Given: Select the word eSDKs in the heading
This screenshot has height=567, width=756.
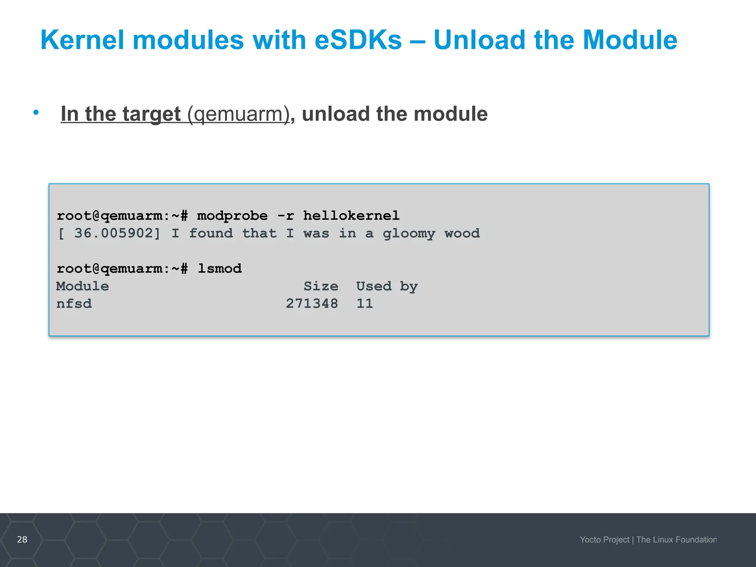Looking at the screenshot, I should coord(358,40).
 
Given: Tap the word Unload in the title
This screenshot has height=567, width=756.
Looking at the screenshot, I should coord(480,40).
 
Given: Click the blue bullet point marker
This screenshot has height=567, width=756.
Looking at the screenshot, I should coord(36,112).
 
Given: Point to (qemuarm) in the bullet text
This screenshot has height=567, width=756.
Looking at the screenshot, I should coord(238,114).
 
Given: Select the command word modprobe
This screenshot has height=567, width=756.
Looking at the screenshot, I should coord(232,216).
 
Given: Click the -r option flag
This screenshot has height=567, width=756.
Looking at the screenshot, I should coord(285,216).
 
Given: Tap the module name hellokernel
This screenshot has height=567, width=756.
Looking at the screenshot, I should coord(351,216).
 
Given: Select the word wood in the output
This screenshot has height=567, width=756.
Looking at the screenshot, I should coord(462,233).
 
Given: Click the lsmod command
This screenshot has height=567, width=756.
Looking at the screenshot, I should coord(220,268).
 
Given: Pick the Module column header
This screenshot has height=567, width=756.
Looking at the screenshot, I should coord(82,286).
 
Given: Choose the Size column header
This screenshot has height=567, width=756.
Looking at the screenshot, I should coord(321,286).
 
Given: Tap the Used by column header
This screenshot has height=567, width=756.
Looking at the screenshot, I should coord(386,286).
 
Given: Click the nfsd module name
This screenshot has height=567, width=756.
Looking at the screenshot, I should coord(74,303).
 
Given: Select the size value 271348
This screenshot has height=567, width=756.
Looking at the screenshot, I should coord(312,303).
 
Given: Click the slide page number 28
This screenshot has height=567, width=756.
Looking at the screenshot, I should coord(22,539).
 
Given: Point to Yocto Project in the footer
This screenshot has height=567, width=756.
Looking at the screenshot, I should coord(604,540).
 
